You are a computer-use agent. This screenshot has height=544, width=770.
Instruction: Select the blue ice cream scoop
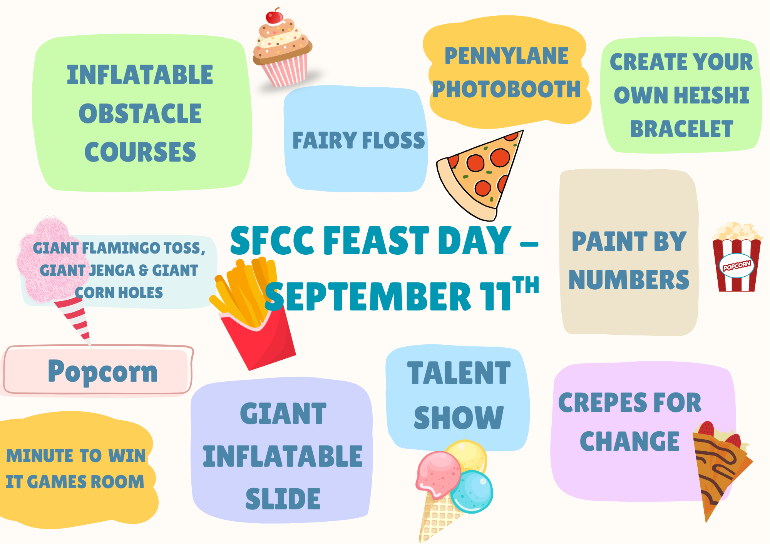coord(472,491)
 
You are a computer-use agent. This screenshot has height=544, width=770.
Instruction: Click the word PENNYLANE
coord(507,56)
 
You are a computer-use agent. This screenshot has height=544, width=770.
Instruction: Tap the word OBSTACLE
coord(140,114)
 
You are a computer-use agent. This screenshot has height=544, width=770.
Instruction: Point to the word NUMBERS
coord(629,280)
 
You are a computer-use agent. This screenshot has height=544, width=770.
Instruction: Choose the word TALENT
coord(459,373)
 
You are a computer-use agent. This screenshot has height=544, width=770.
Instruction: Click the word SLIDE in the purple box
coord(283,499)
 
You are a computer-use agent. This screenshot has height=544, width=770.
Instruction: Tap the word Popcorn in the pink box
coord(103,371)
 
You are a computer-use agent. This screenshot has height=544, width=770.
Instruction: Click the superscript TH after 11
coord(526,285)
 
